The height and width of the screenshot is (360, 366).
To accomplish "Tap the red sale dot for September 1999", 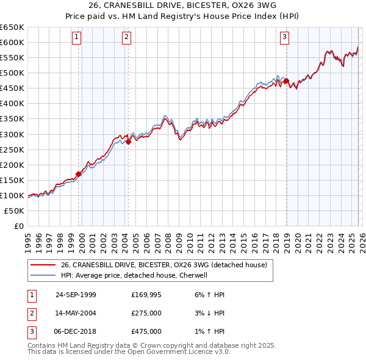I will pyautogui.click(x=79, y=174).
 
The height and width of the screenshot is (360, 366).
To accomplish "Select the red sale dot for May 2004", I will pyautogui.click(x=129, y=142).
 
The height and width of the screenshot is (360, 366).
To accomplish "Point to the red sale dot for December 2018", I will pyautogui.click(x=286, y=81).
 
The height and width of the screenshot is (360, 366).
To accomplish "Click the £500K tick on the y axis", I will pyautogui.click(x=12, y=73).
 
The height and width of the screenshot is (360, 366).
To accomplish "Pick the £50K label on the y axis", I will pyautogui.click(x=15, y=211).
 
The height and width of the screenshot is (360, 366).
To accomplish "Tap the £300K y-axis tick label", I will pyautogui.click(x=12, y=134).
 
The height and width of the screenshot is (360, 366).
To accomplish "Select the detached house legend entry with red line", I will pyautogui.click(x=163, y=265).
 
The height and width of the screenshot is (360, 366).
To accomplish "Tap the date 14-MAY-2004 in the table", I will pyautogui.click(x=76, y=313).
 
